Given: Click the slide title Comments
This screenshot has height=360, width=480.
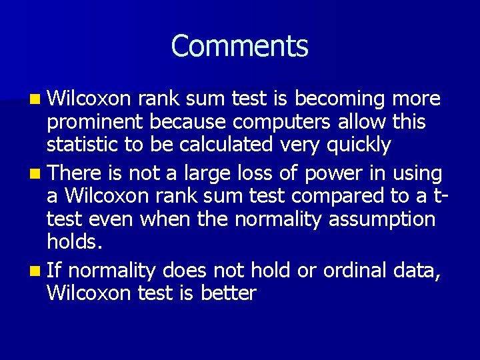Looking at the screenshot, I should (x=239, y=47).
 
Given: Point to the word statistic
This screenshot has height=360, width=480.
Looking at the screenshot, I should (x=81, y=145).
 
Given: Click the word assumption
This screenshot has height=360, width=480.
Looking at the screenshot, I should (x=382, y=219).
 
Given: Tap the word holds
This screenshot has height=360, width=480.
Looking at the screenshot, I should (x=74, y=241).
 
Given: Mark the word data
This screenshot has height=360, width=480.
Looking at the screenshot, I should (x=417, y=271).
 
